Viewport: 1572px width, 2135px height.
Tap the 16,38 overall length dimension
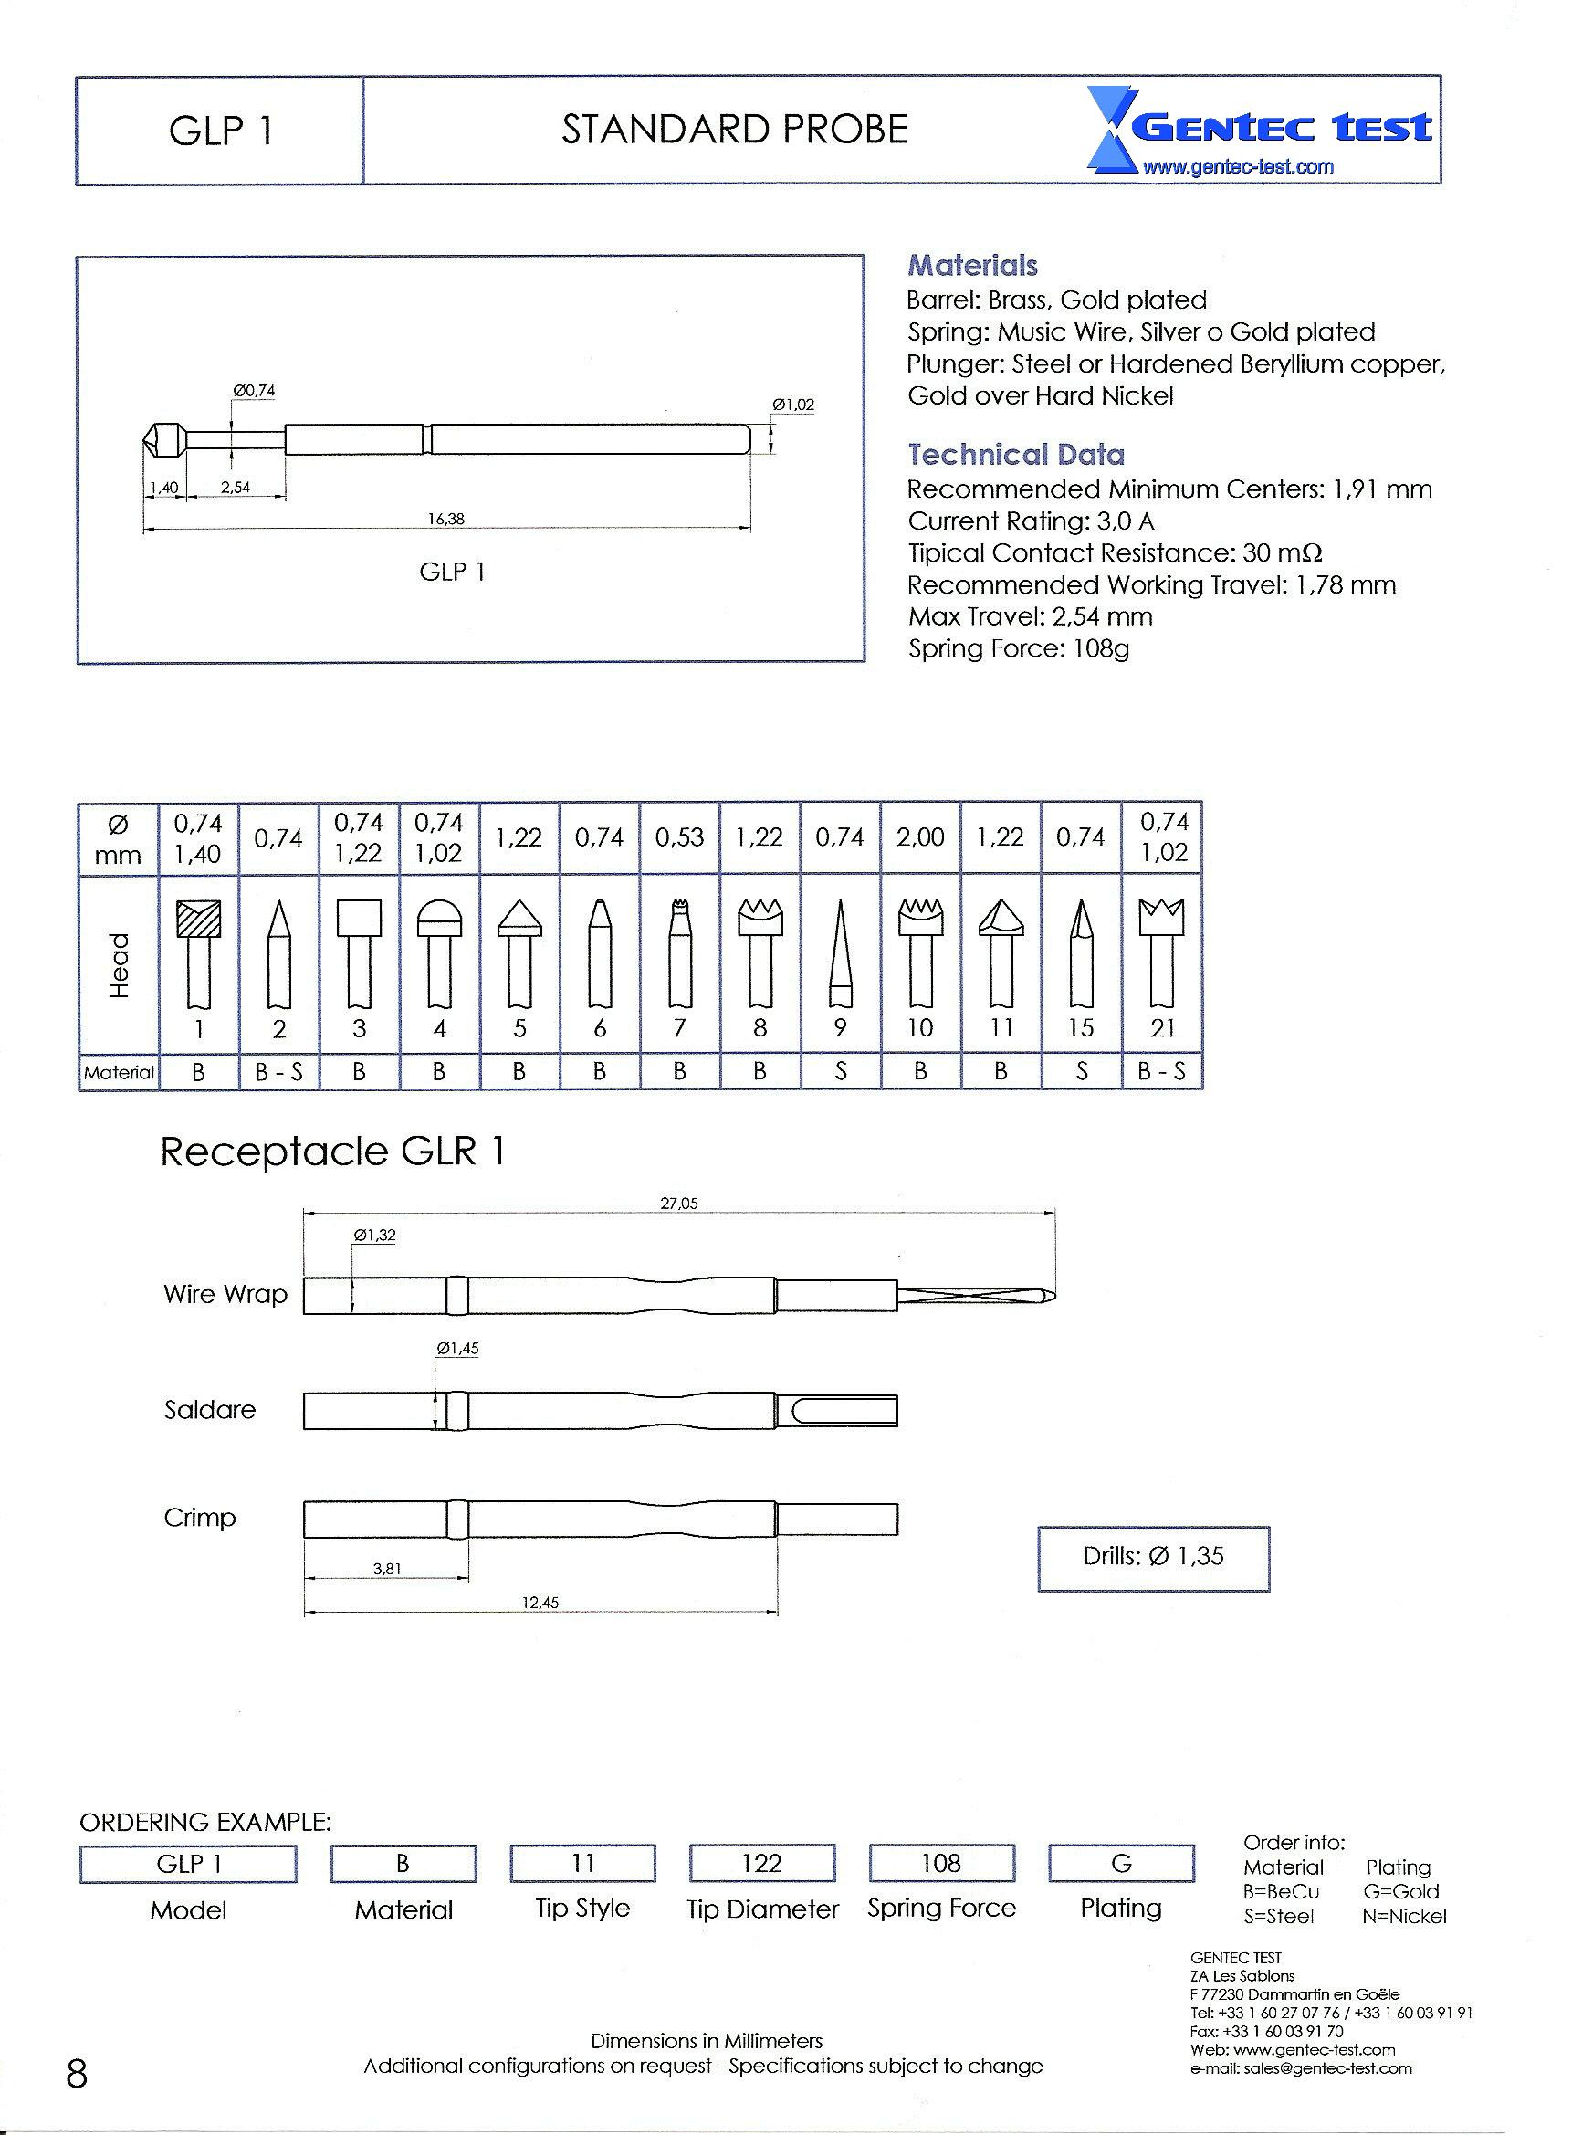tap(445, 520)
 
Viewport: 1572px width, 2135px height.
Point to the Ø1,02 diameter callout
tap(792, 405)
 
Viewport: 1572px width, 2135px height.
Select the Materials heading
tap(971, 266)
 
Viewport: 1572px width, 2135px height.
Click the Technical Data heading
tap(1015, 455)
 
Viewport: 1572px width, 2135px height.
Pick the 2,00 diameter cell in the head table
tap(920, 837)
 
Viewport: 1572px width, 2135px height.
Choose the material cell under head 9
tap(840, 1072)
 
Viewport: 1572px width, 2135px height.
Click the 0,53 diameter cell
tap(679, 837)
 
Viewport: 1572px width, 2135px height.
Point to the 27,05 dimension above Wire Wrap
tap(678, 1204)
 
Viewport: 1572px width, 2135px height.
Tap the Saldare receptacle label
tap(209, 1410)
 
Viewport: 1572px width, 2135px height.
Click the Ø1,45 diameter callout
tap(456, 1349)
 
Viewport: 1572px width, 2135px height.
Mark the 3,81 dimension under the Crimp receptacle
tap(386, 1569)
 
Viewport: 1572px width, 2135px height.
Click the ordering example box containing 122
tap(761, 1864)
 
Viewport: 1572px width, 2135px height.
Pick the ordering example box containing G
tap(1121, 1864)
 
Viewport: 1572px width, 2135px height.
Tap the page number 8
tap(77, 2073)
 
